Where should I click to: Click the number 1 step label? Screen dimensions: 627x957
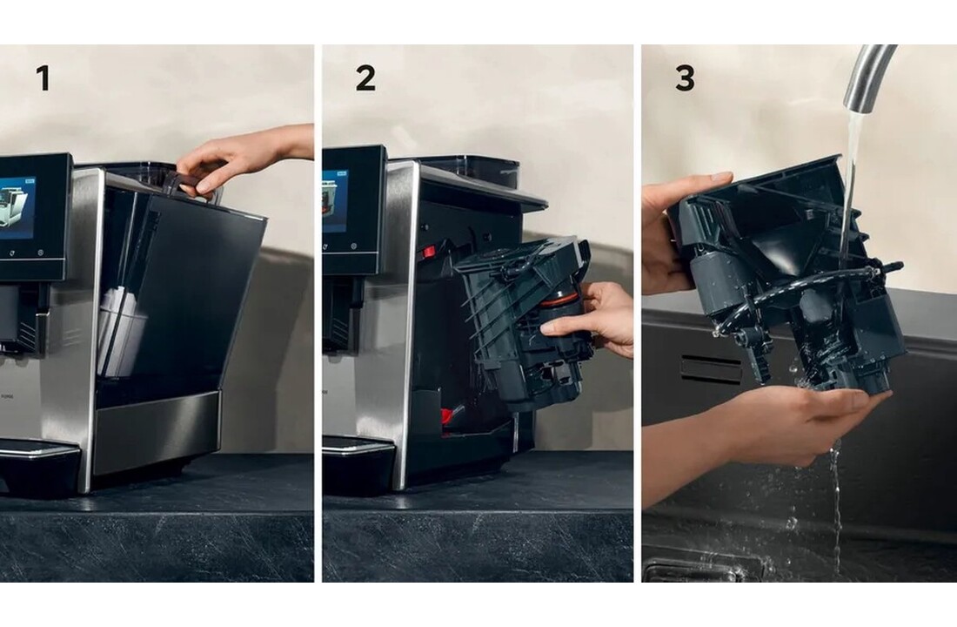[43, 78]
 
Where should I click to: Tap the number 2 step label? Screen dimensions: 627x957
[365, 78]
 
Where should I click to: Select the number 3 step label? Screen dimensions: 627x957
[685, 78]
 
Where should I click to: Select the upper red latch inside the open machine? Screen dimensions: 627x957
[428, 252]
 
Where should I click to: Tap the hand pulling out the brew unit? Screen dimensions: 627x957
[592, 318]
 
